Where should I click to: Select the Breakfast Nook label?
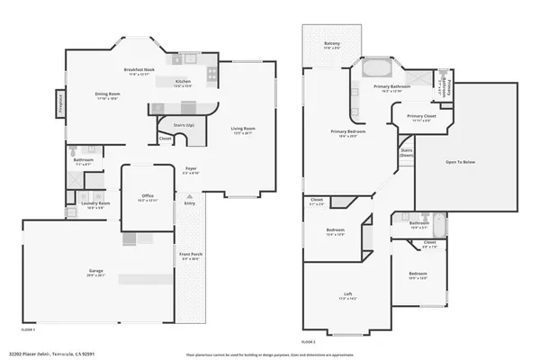point(141,70)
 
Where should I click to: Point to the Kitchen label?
point(183,82)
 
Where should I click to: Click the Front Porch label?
point(190,255)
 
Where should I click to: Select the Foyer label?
point(191,168)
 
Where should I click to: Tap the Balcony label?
point(332,43)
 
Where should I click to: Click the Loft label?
point(346,294)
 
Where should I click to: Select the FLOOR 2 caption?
point(309,342)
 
